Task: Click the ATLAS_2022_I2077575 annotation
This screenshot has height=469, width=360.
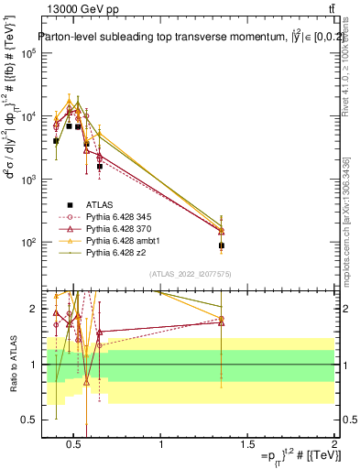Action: point(189,273)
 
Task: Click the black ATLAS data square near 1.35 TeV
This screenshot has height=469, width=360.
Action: point(222,245)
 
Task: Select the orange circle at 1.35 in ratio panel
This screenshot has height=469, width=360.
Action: point(222,319)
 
